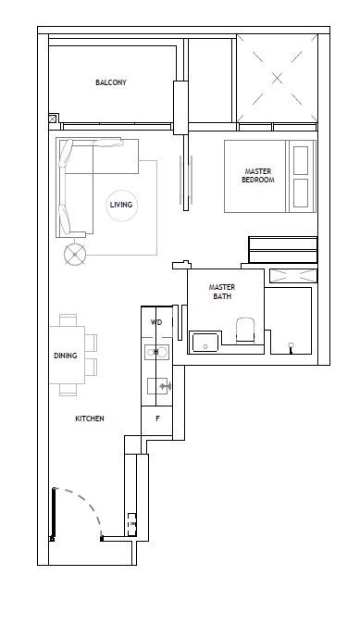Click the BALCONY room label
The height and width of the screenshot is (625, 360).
[x=111, y=82]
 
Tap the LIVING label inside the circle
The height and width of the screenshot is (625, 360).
[x=121, y=205]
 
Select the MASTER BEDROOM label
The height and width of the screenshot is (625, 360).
[x=258, y=175]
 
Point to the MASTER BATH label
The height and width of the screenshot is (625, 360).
[x=222, y=292]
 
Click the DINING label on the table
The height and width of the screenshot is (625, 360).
[x=66, y=356]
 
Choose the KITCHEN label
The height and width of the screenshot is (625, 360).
[x=90, y=419]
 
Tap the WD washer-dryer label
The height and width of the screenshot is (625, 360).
[x=156, y=322]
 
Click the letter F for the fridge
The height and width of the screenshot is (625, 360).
[x=157, y=419]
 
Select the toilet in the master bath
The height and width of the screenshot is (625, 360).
[x=245, y=330]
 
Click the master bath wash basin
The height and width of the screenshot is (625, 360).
[x=205, y=343]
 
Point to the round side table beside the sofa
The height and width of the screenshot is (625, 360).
[x=75, y=255]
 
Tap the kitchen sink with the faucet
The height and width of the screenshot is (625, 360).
[x=158, y=386]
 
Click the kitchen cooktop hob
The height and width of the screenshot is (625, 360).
[x=156, y=352]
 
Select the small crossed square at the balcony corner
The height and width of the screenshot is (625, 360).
[x=53, y=119]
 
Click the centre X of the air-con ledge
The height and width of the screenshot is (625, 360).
[x=277, y=79]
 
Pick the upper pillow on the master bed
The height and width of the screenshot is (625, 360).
[x=301, y=160]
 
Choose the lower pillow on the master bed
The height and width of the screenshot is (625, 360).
[x=301, y=194]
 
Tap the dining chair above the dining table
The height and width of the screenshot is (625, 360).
[x=68, y=320]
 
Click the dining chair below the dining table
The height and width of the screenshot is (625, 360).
[x=68, y=390]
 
